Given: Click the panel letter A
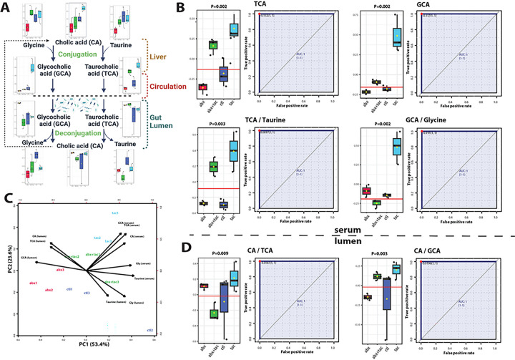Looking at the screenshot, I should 6,7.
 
